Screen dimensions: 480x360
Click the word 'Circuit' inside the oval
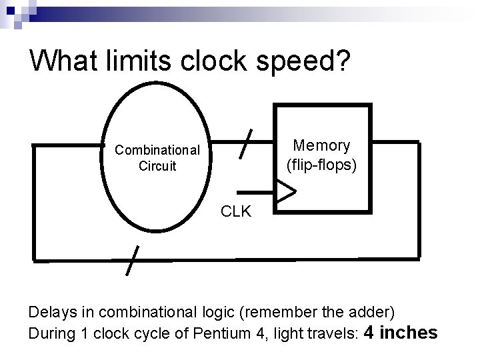tap(157, 165)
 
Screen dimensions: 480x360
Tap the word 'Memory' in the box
tap(322, 145)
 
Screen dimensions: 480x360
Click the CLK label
tap(236, 212)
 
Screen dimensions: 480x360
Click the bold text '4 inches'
tap(400, 332)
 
